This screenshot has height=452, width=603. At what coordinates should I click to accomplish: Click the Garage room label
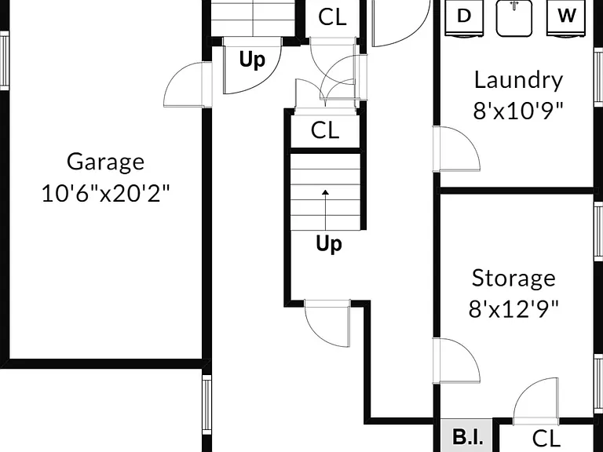click(x=105, y=162)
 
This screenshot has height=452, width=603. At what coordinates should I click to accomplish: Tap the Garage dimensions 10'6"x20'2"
click(x=105, y=193)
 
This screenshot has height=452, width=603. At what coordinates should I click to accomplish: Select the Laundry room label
click(x=518, y=81)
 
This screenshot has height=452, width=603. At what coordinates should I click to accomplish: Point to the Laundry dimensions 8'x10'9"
click(x=518, y=111)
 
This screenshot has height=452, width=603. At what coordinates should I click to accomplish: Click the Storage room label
click(x=513, y=278)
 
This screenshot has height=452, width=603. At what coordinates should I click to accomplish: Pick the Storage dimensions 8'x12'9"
click(x=513, y=308)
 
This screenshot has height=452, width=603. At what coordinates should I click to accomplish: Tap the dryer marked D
click(x=464, y=18)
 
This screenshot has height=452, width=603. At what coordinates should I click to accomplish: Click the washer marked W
click(x=566, y=18)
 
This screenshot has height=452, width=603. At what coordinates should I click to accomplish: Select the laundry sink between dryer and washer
click(x=514, y=18)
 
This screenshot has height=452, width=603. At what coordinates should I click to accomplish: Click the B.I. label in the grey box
click(x=467, y=437)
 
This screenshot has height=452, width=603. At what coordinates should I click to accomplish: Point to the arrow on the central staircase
click(x=326, y=210)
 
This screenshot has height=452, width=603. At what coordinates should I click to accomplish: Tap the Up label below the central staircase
click(x=329, y=244)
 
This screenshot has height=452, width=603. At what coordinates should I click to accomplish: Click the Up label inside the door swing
click(x=252, y=60)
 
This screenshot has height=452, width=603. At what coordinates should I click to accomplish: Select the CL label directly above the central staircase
click(x=325, y=130)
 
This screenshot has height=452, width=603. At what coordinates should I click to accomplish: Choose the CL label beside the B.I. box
click(x=546, y=438)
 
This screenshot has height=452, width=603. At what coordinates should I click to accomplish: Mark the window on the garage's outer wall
click(x=4, y=60)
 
